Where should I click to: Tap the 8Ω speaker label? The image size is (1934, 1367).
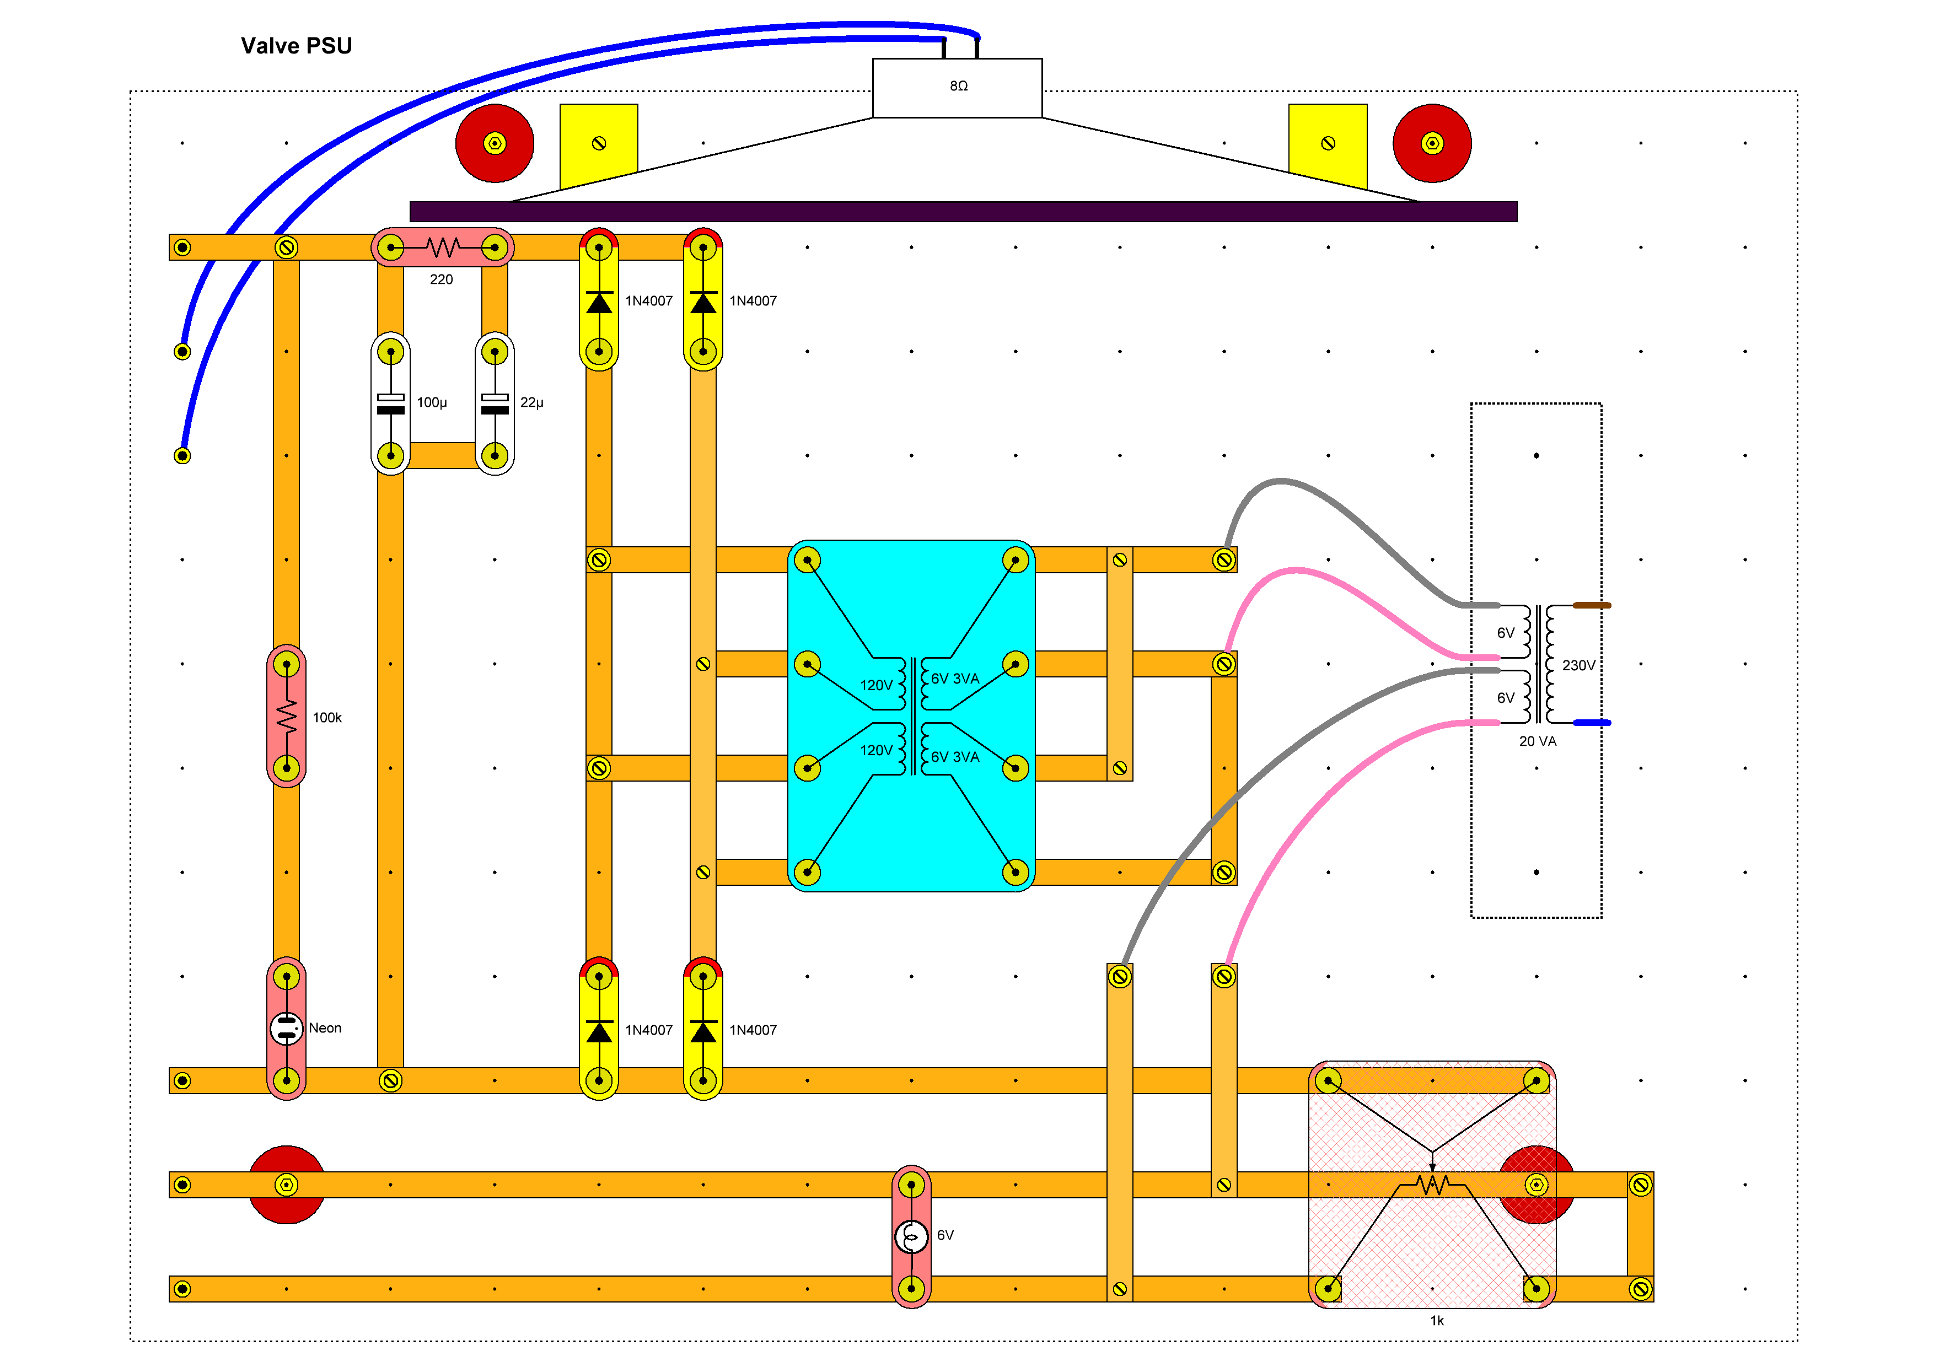(x=959, y=86)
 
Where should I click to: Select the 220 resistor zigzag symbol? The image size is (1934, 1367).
(x=442, y=247)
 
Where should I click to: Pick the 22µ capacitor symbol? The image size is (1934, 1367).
(x=495, y=403)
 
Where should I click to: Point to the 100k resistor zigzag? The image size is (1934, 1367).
(x=286, y=716)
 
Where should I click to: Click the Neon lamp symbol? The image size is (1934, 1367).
(x=286, y=1027)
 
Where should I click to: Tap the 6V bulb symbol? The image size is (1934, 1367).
(x=911, y=1236)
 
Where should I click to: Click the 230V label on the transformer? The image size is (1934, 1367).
(x=1578, y=665)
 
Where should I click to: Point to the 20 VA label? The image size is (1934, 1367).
(x=1537, y=741)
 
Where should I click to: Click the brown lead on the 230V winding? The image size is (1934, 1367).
(x=1592, y=605)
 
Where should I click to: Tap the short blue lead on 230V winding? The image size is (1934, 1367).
(x=1592, y=723)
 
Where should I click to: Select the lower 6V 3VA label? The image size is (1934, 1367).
(x=955, y=756)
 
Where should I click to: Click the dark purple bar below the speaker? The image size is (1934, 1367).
(x=963, y=212)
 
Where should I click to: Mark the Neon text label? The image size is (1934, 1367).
(x=325, y=1027)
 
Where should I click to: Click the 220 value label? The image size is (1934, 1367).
(x=442, y=279)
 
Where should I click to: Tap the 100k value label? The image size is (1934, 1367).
(x=327, y=718)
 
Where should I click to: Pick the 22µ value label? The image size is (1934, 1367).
(x=531, y=402)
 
